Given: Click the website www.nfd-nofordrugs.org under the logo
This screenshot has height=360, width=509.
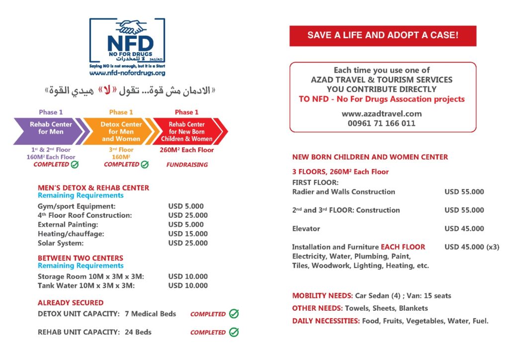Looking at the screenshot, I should point(127,73).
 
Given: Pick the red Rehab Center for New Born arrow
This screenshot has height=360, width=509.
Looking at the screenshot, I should point(187,131).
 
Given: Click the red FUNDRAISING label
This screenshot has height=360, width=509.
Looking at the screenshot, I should point(187,165).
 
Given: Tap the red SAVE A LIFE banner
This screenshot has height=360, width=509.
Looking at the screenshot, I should point(383,36).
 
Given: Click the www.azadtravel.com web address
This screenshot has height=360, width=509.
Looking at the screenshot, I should point(382,114).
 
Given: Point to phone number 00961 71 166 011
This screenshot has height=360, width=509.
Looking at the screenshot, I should point(382,123).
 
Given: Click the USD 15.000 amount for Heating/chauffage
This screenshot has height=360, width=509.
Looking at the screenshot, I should point(188,234).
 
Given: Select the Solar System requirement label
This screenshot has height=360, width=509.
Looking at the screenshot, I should point(61,243).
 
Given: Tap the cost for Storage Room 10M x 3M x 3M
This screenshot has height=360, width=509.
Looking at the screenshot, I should point(188,276).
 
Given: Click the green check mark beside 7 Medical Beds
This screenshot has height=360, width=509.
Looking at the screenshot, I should point(234,314).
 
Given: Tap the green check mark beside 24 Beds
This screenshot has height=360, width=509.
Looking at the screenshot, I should point(234,332).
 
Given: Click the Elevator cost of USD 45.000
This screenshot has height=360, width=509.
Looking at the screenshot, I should point(464,229).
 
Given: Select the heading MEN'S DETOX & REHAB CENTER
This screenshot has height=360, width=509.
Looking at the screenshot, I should point(93,188).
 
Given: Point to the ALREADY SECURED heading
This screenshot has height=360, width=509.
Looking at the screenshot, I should point(71,303).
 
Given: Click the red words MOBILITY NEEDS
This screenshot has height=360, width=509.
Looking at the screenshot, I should point(322,296).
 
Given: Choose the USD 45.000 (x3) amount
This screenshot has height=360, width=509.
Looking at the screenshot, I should point(472,247).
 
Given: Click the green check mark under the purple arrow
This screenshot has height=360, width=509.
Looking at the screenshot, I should point(75,165).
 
